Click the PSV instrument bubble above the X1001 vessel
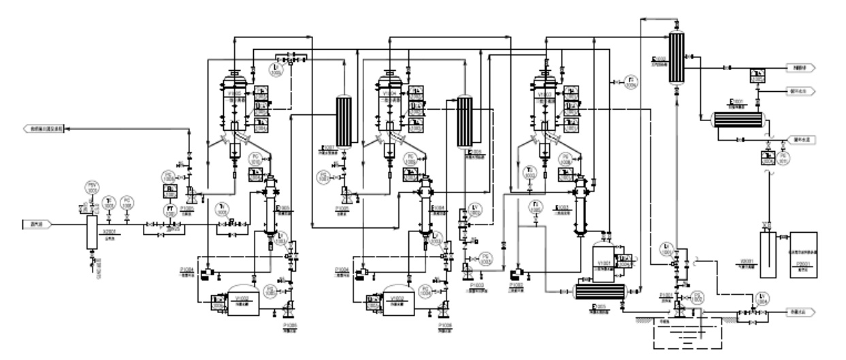pos(92,186)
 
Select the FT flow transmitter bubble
pos(172,208)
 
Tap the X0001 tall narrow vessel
pos(767,253)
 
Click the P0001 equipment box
pos(801,253)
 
